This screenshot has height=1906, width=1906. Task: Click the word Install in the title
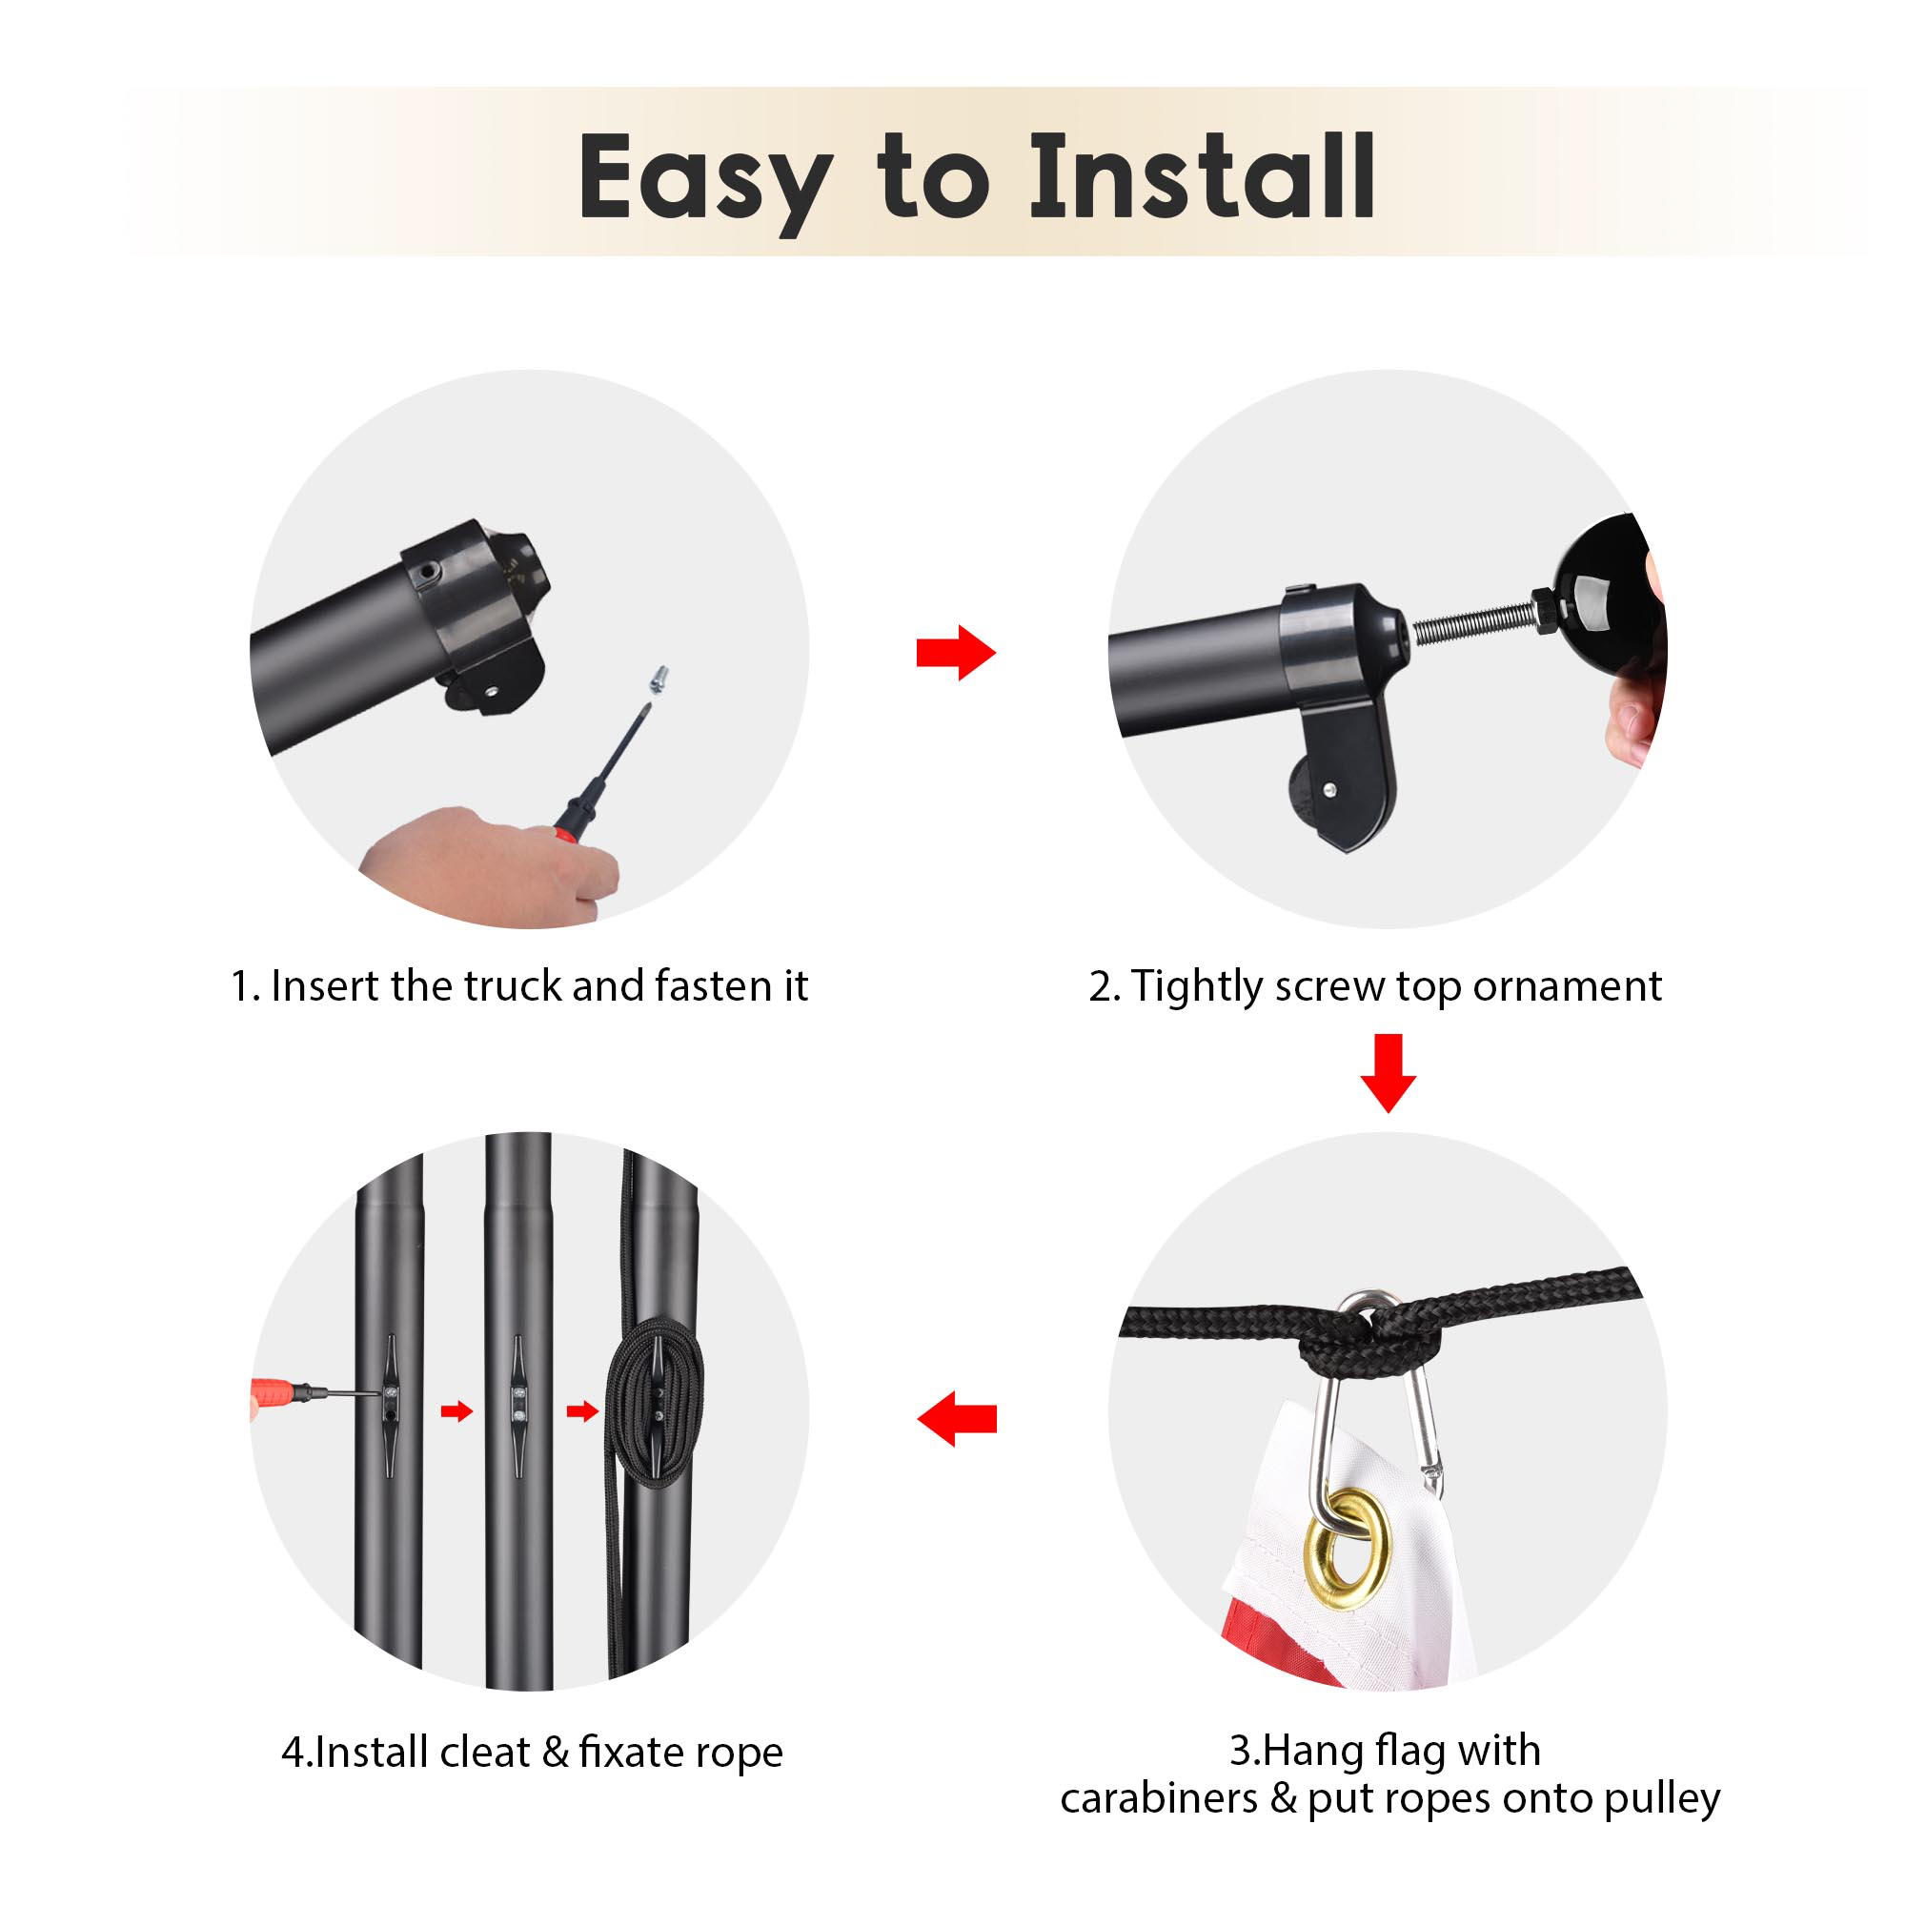(x=1202, y=177)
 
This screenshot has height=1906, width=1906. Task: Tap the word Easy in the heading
(x=704, y=184)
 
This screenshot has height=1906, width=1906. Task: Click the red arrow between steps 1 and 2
(x=956, y=652)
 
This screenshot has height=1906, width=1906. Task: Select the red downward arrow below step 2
(x=1389, y=1073)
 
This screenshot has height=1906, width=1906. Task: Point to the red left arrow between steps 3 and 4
(x=956, y=1419)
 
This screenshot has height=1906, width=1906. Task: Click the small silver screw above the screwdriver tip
(x=657, y=679)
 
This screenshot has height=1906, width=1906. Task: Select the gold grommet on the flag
(x=1346, y=1549)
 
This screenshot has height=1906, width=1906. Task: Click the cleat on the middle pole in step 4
(x=517, y=1405)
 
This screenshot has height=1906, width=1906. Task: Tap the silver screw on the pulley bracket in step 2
(x=1328, y=789)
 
